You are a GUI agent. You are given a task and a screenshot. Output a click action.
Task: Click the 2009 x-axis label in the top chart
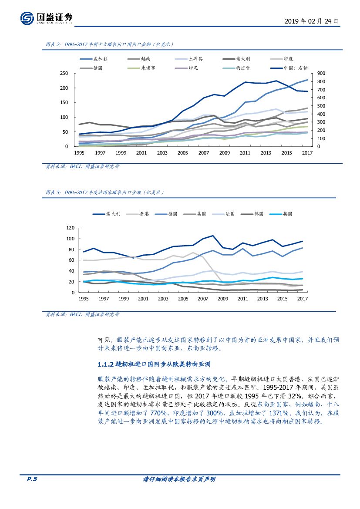click(224, 153)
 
